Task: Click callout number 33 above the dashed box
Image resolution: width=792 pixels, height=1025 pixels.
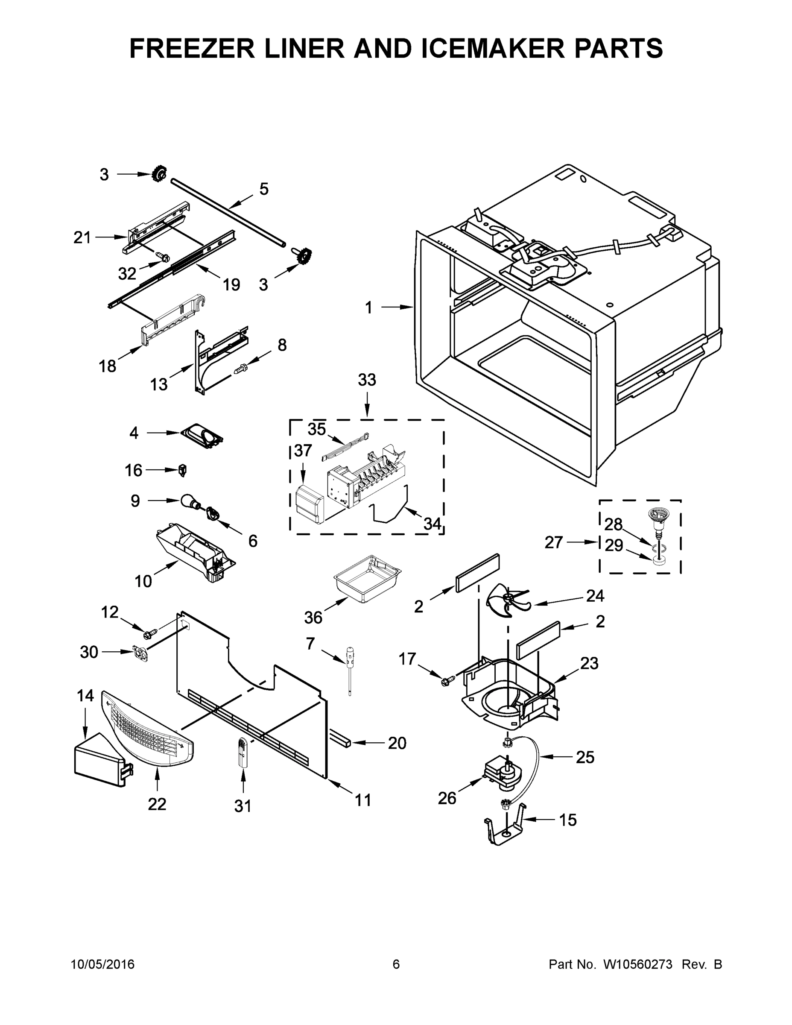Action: click(x=366, y=380)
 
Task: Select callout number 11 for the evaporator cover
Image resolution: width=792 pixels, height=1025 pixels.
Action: click(x=362, y=800)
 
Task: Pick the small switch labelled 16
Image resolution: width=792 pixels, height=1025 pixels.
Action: click(x=183, y=469)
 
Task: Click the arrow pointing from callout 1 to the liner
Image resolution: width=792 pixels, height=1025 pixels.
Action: click(x=397, y=307)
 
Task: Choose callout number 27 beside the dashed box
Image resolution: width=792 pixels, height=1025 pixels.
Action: click(x=554, y=542)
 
